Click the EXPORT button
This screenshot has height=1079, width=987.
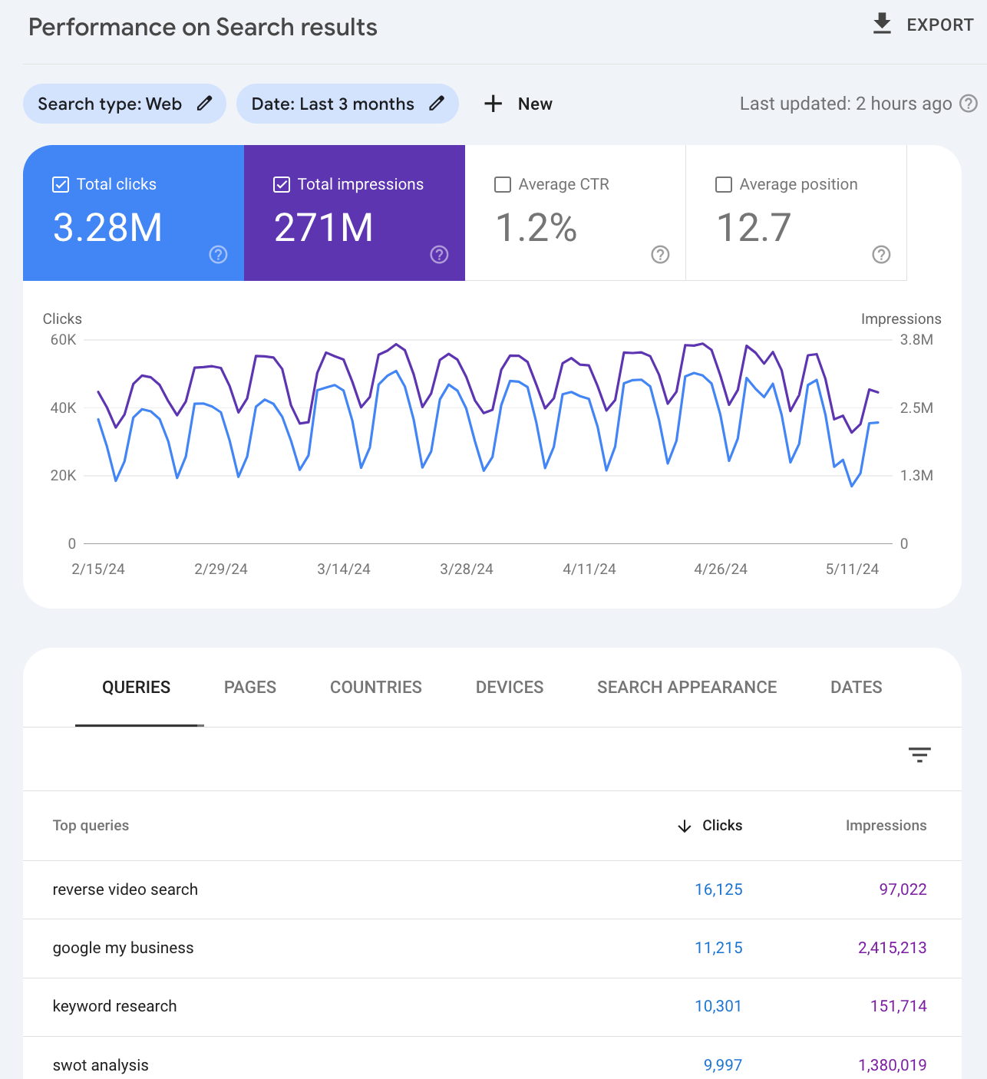point(923,25)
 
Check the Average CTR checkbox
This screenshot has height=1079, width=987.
point(503,184)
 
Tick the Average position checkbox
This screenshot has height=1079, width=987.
point(723,184)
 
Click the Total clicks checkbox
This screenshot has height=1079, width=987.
point(61,184)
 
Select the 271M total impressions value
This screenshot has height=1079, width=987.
point(323,228)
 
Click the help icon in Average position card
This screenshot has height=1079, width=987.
point(881,255)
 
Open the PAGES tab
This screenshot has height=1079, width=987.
point(250,688)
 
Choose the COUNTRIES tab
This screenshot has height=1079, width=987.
point(376,688)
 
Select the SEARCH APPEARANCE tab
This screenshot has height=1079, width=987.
point(687,688)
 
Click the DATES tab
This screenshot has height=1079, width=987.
point(856,688)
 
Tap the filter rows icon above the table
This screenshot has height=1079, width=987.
point(919,755)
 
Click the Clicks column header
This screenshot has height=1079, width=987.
point(721,826)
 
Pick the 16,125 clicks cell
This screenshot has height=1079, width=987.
point(718,889)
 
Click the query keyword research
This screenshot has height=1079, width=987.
point(115,1006)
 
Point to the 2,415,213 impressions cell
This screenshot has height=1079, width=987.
point(892,948)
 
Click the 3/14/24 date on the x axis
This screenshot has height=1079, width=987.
point(344,569)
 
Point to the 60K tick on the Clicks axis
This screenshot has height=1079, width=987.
point(63,340)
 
